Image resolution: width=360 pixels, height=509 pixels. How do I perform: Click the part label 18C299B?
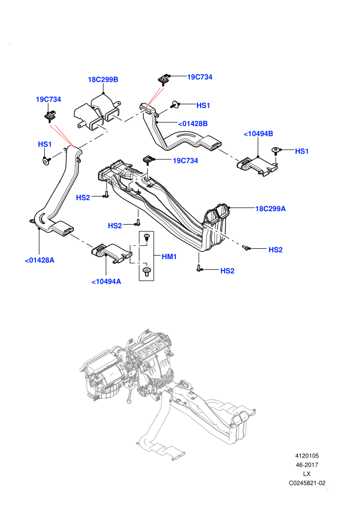pyautogui.click(x=103, y=80)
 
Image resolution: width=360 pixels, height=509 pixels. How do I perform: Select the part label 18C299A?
pyautogui.click(x=271, y=209)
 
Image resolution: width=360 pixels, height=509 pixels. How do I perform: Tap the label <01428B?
pyautogui.click(x=193, y=124)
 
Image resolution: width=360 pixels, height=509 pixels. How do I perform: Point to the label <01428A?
pyautogui.click(x=40, y=260)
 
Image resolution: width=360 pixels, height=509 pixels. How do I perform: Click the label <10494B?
pyautogui.click(x=258, y=134)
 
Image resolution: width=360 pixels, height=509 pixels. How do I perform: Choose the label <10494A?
pyautogui.click(x=106, y=282)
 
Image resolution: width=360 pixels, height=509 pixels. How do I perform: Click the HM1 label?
pyautogui.click(x=169, y=257)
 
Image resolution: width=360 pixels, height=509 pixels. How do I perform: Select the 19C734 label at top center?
pyautogui.click(x=200, y=77)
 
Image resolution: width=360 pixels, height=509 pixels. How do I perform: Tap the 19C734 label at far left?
pyautogui.click(x=48, y=99)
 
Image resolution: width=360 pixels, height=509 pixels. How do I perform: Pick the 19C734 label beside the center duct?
pyautogui.click(x=185, y=161)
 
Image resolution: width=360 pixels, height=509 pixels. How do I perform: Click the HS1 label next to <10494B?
pyautogui.click(x=301, y=151)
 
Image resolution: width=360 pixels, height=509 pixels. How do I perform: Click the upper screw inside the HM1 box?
pyautogui.click(x=147, y=237)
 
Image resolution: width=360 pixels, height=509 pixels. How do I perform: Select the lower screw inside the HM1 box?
pyautogui.click(x=147, y=271)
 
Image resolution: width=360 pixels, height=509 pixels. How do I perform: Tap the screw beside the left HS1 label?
pyautogui.click(x=45, y=160)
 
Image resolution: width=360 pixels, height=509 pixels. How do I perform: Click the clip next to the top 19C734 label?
pyautogui.click(x=164, y=79)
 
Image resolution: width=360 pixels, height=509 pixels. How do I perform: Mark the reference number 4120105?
pyautogui.click(x=307, y=456)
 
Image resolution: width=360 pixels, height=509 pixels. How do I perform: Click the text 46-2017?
pyautogui.click(x=307, y=465)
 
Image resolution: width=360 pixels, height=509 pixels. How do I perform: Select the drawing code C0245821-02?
pyautogui.click(x=307, y=483)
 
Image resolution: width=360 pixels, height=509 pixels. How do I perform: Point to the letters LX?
pyautogui.click(x=307, y=474)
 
